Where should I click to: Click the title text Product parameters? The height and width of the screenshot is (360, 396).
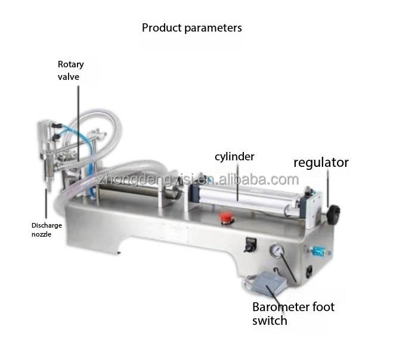coord(191,28)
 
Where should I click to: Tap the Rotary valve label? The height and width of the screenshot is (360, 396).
coord(71,70)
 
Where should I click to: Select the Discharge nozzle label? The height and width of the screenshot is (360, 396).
coord(47,229)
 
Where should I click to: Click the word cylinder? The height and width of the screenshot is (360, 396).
coord(234,157)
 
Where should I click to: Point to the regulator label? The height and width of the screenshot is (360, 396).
coord(321,163)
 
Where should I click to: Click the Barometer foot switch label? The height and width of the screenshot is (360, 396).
coord(293,314)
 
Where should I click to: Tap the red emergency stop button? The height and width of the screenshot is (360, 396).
coord(225,218)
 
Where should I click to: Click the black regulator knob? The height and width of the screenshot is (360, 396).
coord(333,215)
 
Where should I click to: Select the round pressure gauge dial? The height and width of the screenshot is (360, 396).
coord(277,250)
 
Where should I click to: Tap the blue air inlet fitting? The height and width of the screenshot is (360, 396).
coord(318,252)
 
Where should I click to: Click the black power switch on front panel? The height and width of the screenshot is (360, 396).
coord(250,244)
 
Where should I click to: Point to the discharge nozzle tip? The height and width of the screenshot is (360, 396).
coord(49,190)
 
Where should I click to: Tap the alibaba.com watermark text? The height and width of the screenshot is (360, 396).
coord(258,180)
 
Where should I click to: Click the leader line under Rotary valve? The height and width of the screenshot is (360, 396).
coord(78,124)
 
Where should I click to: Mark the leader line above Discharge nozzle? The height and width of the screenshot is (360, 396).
coord(46,203)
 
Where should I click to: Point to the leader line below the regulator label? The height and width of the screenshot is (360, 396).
coord(328,188)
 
